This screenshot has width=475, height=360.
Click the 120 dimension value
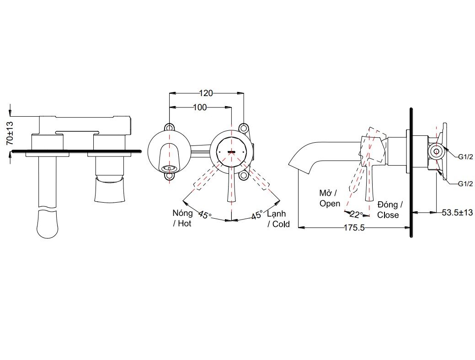(206, 93)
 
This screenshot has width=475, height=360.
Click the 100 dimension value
(199, 107)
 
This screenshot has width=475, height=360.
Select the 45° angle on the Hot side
(204, 214)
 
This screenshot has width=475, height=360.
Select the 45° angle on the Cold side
(256, 215)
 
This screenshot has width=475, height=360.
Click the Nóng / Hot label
(182, 218)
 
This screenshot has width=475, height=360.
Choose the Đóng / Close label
(390, 210)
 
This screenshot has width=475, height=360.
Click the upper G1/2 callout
(465, 156)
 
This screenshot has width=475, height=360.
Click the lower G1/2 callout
(465, 184)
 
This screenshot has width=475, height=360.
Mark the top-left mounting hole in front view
(170, 127)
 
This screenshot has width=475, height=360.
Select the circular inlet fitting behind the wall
(437, 151)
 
